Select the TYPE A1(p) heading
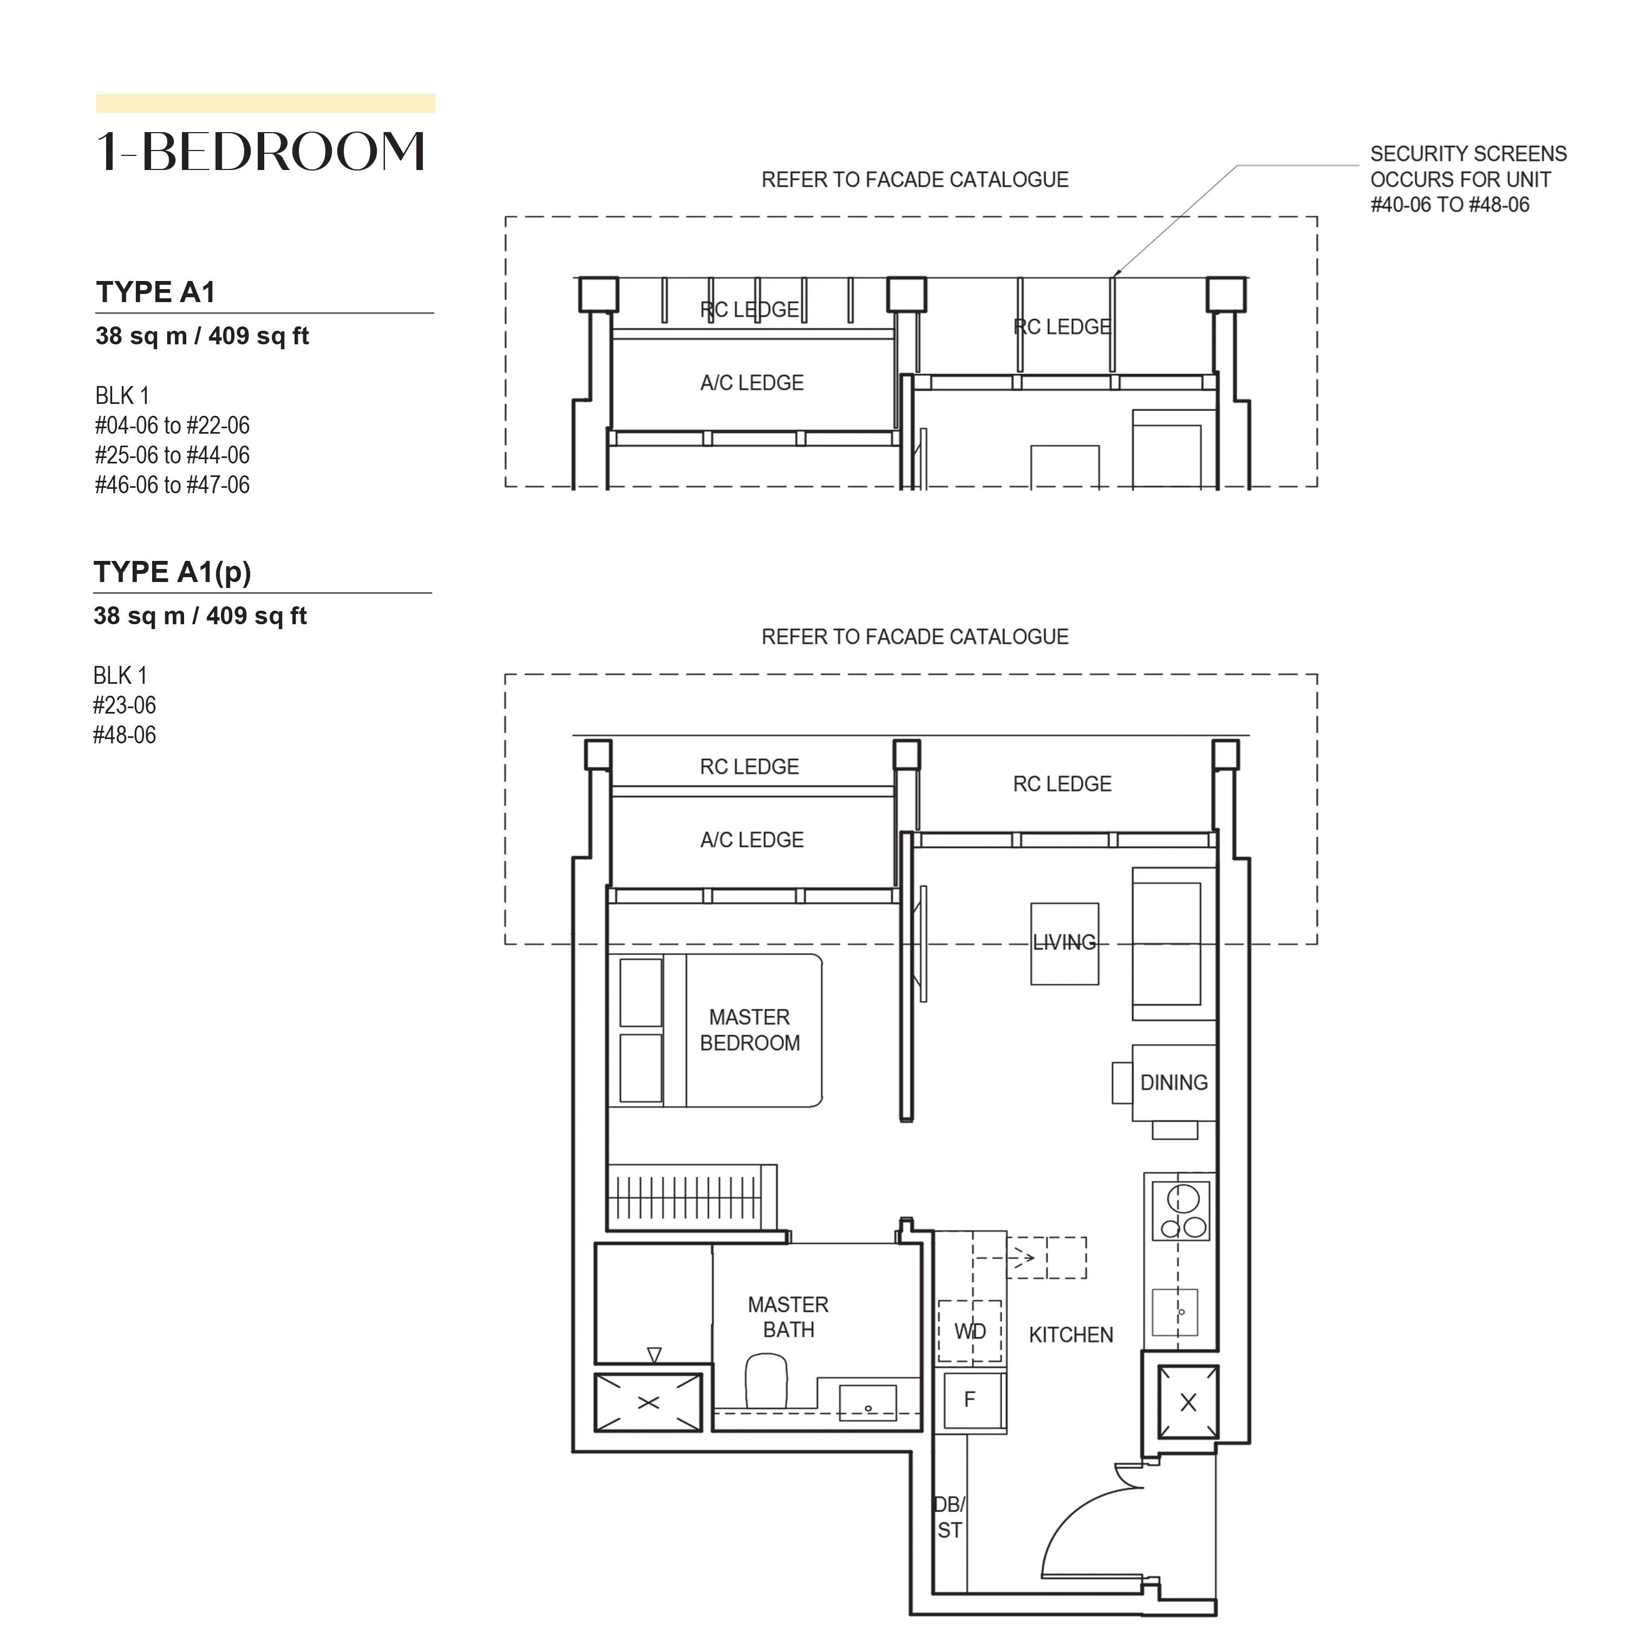172,572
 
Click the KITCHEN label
1070,1335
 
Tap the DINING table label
1173,1082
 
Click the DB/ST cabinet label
950,1517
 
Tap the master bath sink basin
867,1402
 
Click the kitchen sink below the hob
1175,1311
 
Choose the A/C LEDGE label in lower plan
752,840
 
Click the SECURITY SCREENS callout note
1468,179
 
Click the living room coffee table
1065,944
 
